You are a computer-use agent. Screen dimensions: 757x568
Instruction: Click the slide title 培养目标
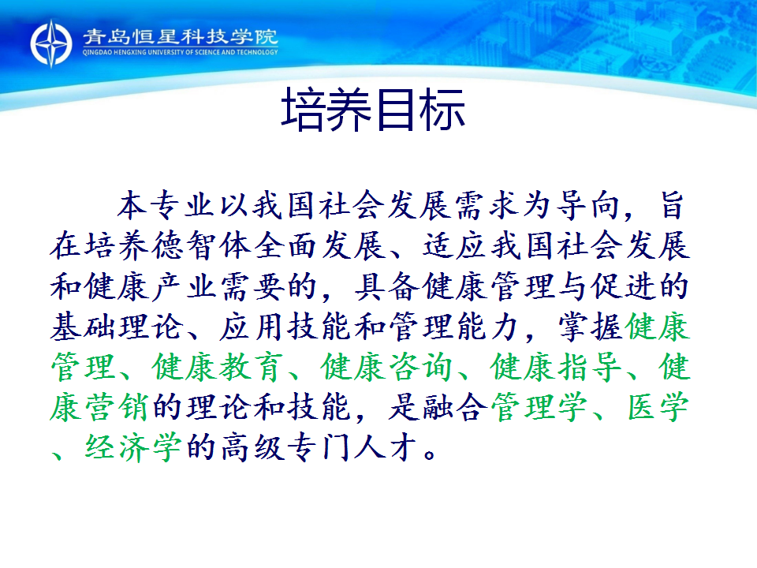point(373,110)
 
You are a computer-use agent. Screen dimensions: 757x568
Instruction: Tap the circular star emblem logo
point(51,43)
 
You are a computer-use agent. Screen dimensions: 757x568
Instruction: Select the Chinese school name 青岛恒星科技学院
point(180,37)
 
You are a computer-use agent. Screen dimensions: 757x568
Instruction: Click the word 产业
point(185,286)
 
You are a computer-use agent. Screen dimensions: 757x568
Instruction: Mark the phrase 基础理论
point(117,327)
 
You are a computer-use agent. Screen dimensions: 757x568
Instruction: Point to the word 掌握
point(591,327)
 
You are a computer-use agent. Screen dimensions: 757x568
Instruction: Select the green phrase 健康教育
point(218,368)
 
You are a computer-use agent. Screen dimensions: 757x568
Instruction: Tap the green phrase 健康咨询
point(387,368)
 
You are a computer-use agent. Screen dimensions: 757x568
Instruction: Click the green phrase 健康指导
point(556,368)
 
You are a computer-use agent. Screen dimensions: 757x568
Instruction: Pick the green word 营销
point(117,407)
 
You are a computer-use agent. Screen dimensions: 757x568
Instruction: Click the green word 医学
point(658,407)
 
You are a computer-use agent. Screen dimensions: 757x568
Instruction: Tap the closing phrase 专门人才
point(353,448)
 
